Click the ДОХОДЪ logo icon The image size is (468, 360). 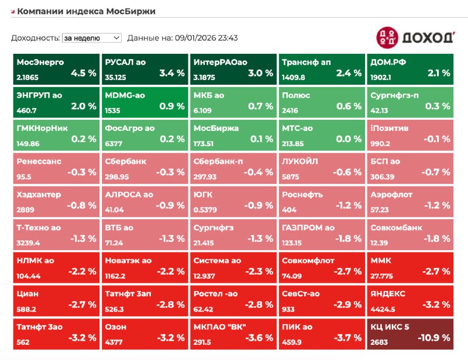pos(387,37)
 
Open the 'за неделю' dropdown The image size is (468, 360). pos(91,37)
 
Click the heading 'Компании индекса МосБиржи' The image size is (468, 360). pos(86,11)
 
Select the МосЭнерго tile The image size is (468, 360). pos(56,68)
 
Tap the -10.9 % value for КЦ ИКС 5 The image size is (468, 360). pos(433,337)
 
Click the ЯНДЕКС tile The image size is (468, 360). pos(410,300)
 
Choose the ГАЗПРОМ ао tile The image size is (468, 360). pos(321,234)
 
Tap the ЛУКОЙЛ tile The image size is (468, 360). pos(321,168)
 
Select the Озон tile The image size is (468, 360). pos(144,333)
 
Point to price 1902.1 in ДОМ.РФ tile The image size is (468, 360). pos(381,76)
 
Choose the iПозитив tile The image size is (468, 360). pos(410,134)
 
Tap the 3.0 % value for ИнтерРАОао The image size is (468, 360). pos(260,73)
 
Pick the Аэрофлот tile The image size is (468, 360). pos(410,200)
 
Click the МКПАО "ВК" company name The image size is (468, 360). pos(219,327)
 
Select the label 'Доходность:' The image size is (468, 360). pos(35,38)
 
